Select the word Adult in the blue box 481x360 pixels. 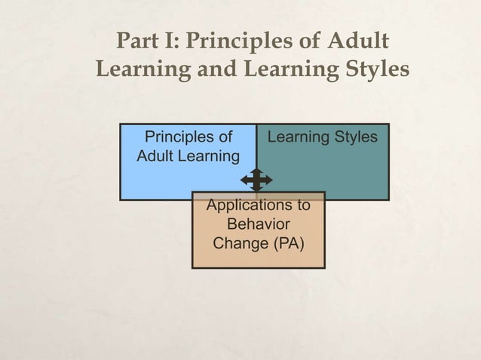pos(155,157)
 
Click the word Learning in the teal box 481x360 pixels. pos(299,137)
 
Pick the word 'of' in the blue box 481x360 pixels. pos(224,137)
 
